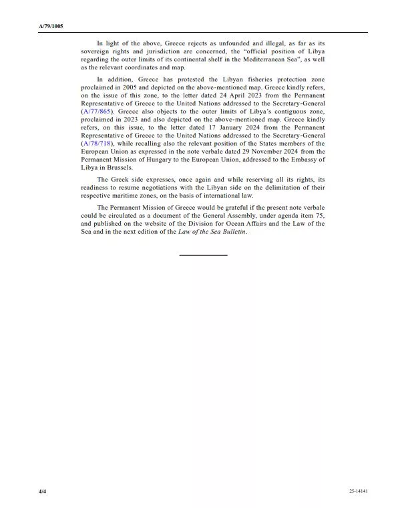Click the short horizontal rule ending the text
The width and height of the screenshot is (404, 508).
tap(203, 255)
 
